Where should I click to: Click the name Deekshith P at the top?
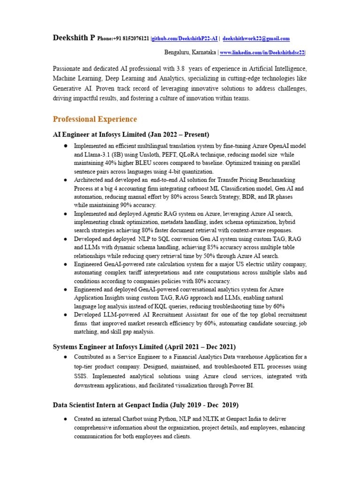click(x=74, y=38)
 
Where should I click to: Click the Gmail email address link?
click(x=256, y=38)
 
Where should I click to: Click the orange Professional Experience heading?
click(x=95, y=119)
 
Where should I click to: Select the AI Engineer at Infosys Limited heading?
click(x=131, y=135)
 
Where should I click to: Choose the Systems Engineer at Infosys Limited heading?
click(x=144, y=347)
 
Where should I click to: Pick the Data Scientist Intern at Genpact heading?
click(x=146, y=405)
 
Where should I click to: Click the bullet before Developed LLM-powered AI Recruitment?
click(x=66, y=315)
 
